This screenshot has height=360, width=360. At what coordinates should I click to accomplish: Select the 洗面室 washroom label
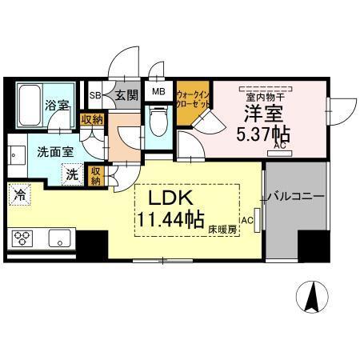click(x=33, y=149)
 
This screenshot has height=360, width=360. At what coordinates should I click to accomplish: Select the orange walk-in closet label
click(x=193, y=99)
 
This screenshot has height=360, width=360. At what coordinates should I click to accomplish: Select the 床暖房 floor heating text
click(x=225, y=230)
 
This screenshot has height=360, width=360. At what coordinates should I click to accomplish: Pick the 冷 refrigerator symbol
click(x=18, y=194)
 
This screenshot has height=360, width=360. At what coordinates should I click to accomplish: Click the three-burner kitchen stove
click(x=22, y=238)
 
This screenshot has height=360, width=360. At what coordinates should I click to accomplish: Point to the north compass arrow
click(x=313, y=298)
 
